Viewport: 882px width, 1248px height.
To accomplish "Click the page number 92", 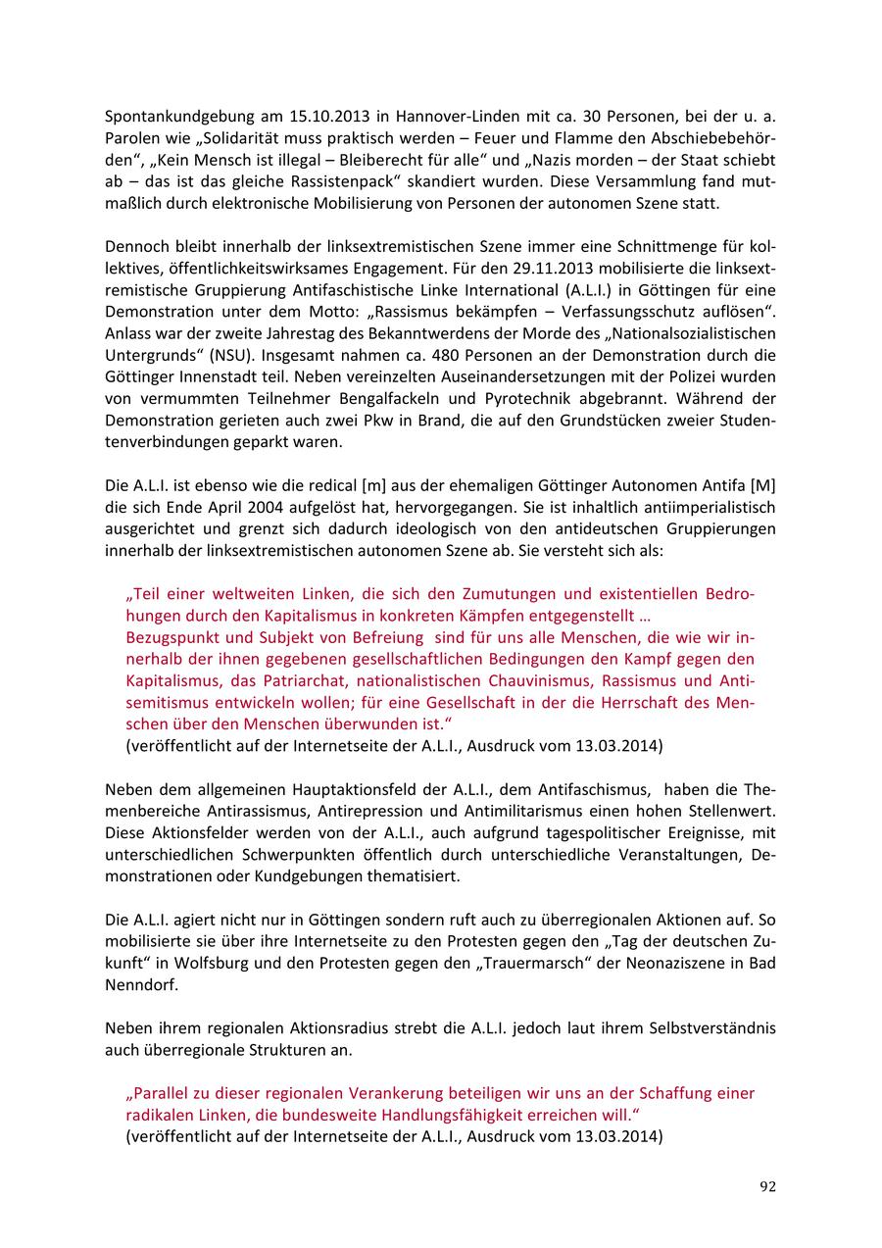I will click(x=767, y=1186).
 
